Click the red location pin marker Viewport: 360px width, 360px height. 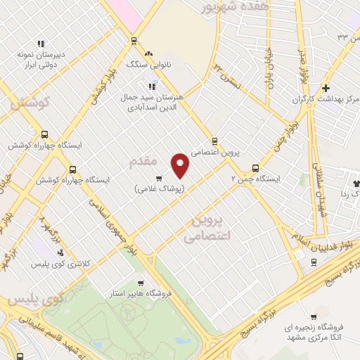point(181,165)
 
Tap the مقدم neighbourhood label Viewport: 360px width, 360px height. point(143,162)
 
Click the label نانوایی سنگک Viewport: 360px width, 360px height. point(148,64)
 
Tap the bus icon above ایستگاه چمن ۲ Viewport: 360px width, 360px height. point(255,168)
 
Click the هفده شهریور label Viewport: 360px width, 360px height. point(225,8)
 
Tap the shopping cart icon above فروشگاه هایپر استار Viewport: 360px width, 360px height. point(150,282)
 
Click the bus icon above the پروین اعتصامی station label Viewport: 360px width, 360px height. point(214,140)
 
